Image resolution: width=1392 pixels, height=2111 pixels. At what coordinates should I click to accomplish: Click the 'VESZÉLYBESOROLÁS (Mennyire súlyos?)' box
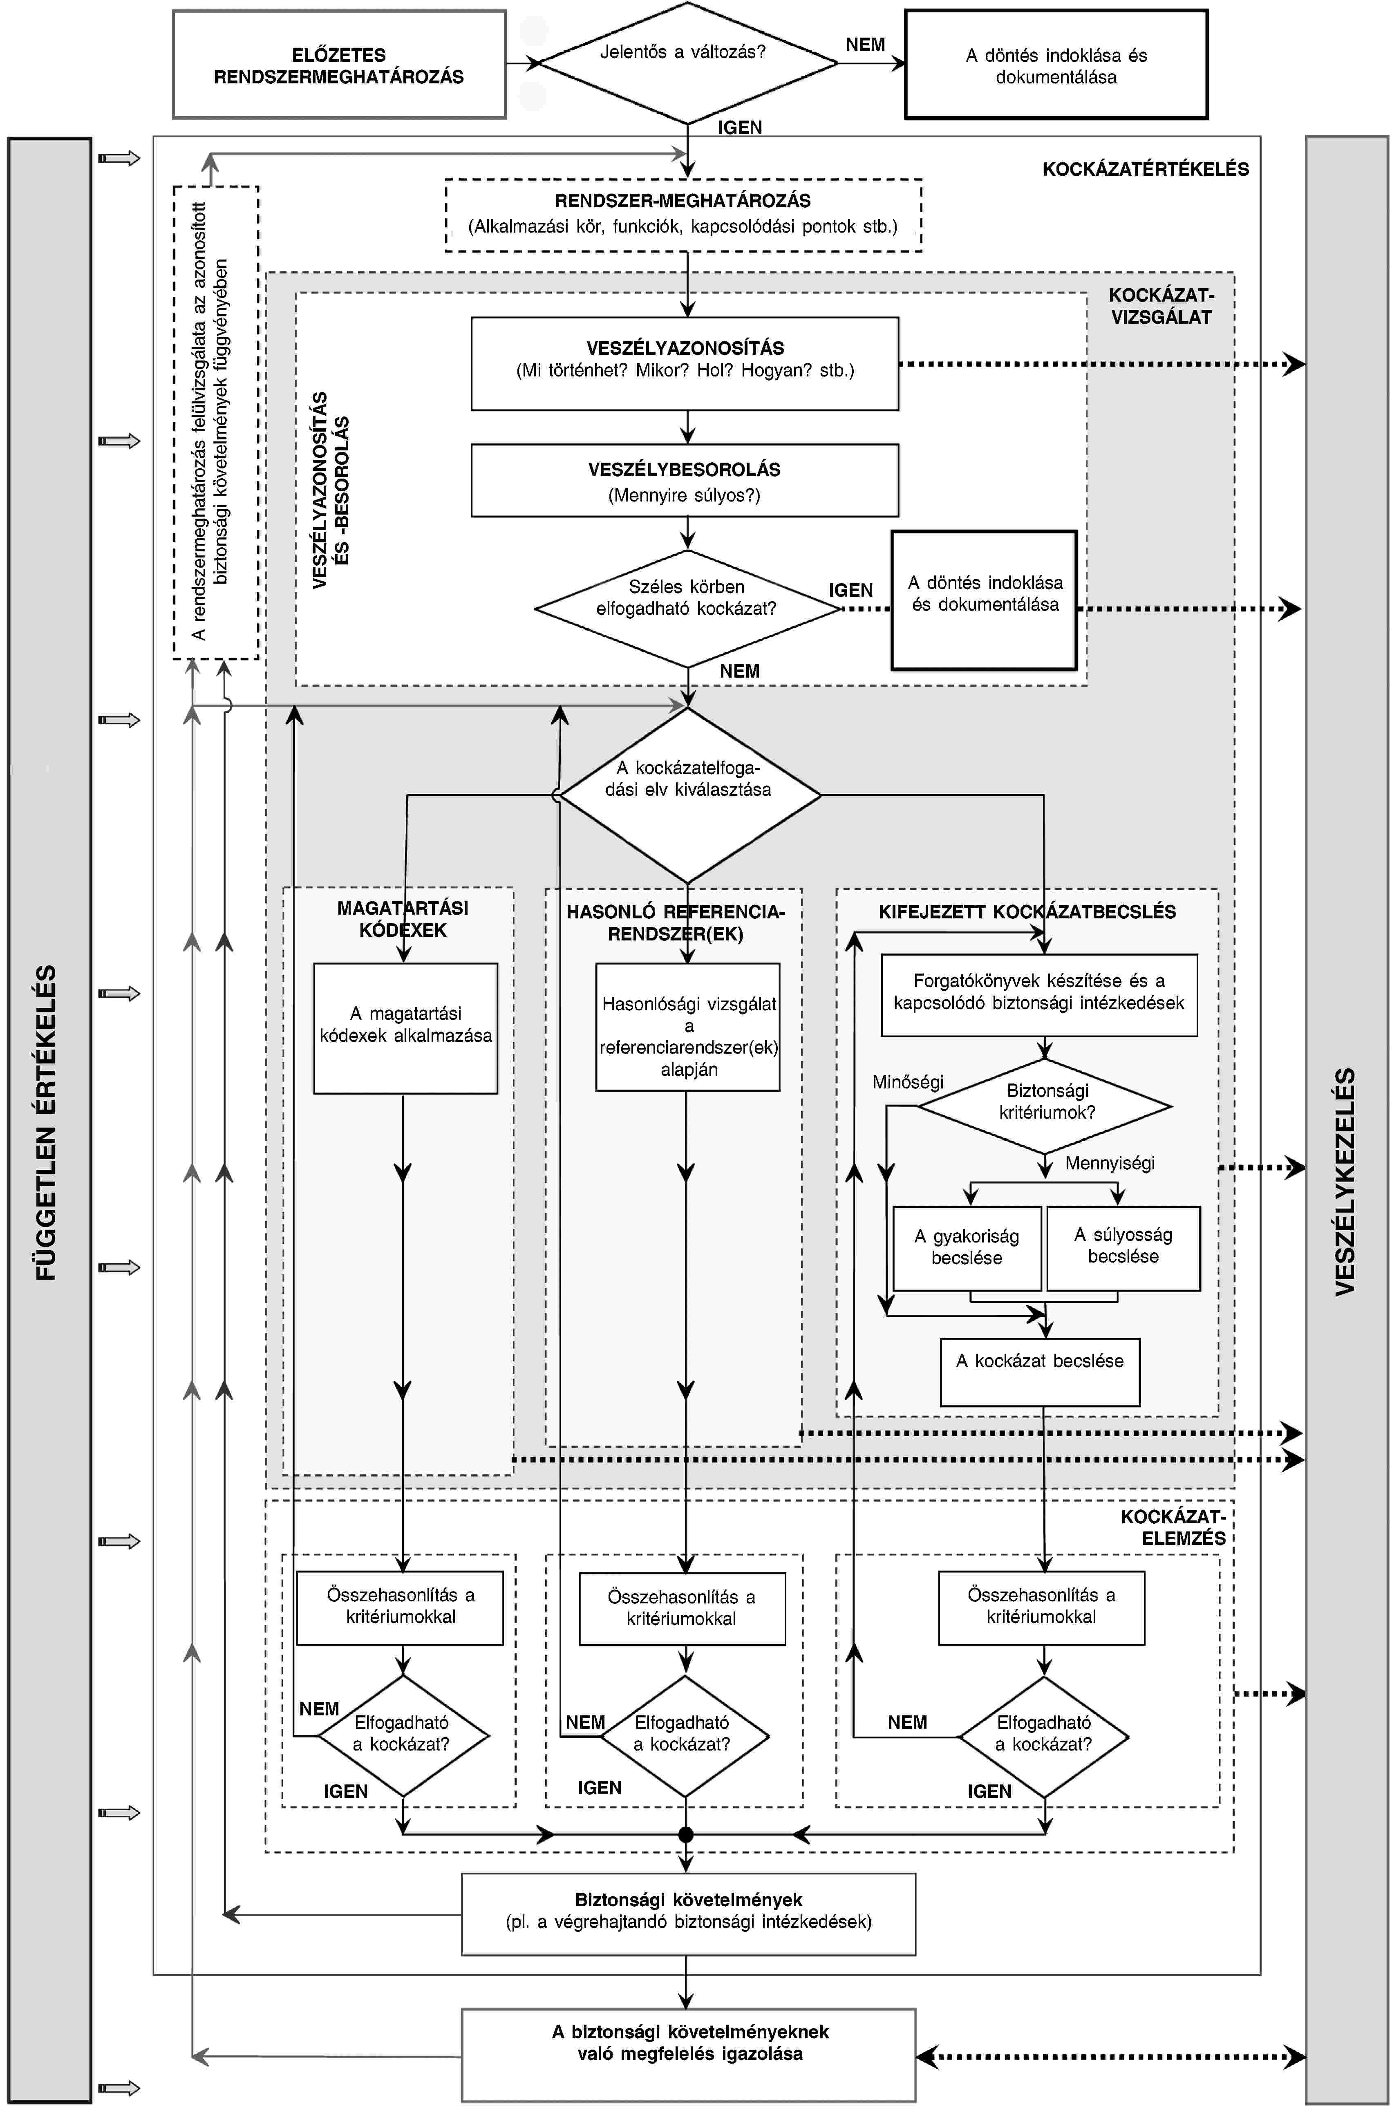(x=685, y=480)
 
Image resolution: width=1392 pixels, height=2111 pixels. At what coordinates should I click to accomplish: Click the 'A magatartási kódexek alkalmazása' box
(x=406, y=1028)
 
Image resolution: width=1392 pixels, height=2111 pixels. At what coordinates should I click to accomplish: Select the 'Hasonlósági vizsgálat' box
(x=688, y=1027)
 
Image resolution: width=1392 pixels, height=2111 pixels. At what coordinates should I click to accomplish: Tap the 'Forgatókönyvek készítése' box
(x=1038, y=995)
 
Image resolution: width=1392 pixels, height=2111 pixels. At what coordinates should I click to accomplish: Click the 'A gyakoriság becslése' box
(x=967, y=1248)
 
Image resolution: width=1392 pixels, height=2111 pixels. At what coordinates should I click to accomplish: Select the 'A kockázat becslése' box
(x=1040, y=1372)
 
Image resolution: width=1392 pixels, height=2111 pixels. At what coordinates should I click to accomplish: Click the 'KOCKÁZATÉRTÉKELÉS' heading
(x=1145, y=169)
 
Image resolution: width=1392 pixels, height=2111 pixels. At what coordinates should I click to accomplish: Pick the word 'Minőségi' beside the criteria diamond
(x=907, y=1082)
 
